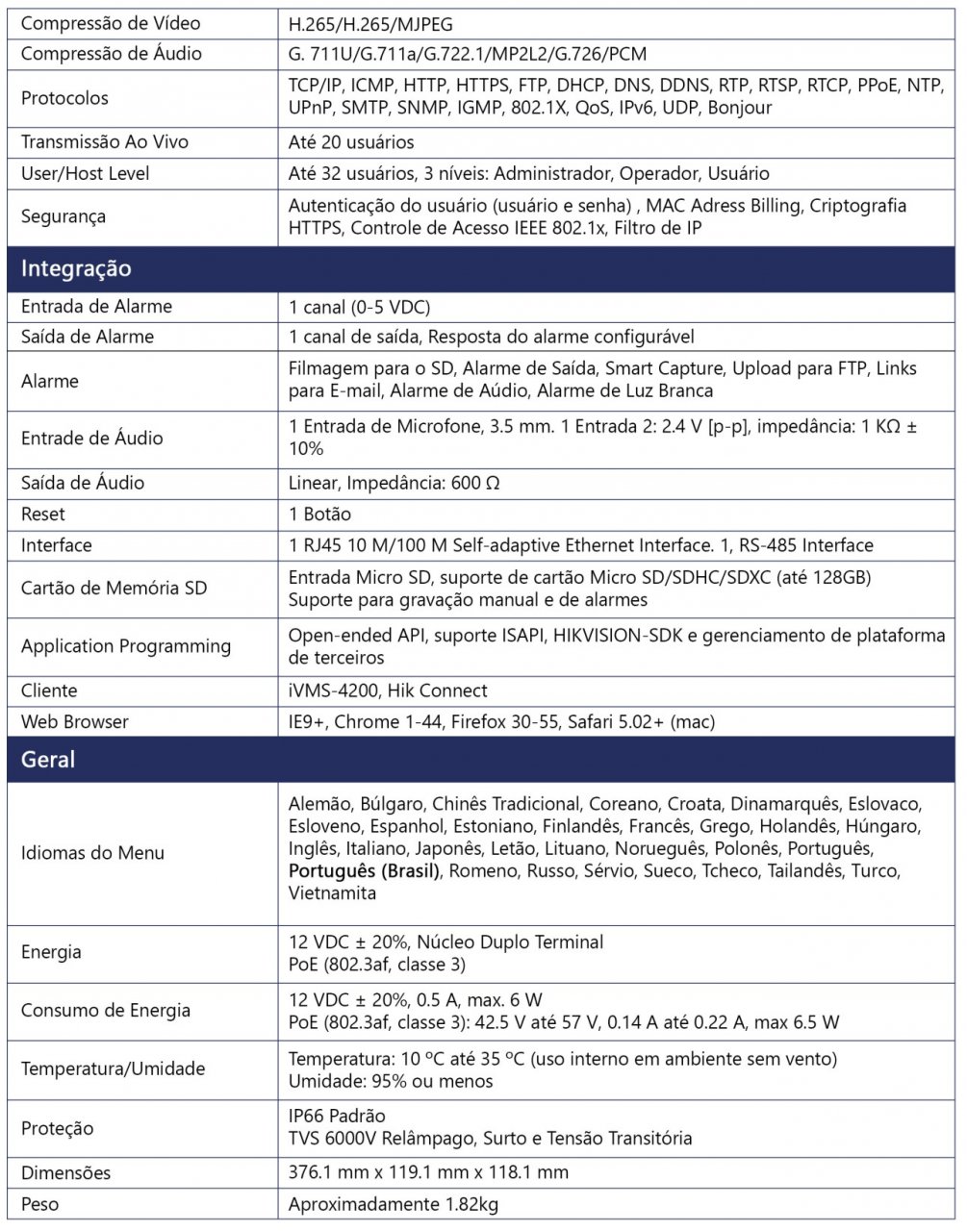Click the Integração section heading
click(76, 269)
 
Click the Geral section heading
click(48, 760)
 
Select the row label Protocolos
click(64, 97)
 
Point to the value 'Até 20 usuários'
click(351, 142)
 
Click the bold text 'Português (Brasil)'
click(364, 871)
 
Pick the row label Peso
click(39, 1204)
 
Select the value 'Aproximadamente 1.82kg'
click(393, 1204)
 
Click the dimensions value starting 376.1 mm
click(428, 1172)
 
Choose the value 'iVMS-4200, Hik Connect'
click(388, 691)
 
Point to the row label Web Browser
click(74, 721)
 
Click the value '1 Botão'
click(319, 514)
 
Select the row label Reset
click(43, 514)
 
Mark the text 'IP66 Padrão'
click(337, 1116)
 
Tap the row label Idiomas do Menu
click(92, 853)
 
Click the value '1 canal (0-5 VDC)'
click(359, 307)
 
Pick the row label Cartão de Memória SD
click(114, 588)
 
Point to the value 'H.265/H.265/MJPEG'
click(370, 22)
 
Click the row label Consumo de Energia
click(106, 1010)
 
